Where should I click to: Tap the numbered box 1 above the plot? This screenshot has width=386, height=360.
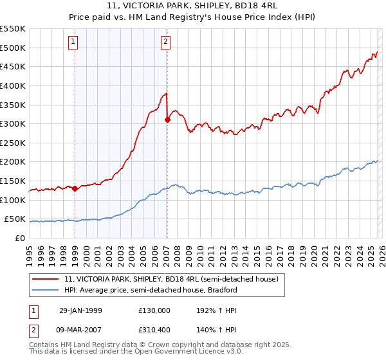point(74,42)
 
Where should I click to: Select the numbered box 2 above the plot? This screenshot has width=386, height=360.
point(165,42)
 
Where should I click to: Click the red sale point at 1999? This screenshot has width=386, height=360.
point(75,188)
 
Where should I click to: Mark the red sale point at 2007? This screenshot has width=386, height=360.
point(167,120)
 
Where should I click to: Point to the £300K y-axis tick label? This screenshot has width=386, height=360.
point(13,123)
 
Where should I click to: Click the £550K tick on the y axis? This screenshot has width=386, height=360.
point(13,29)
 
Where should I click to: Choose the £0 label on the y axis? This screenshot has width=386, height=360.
point(19,238)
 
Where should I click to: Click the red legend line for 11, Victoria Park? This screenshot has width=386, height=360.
point(46,279)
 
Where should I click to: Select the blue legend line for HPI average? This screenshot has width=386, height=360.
point(46,290)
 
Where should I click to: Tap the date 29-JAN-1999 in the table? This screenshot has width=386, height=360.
point(80,310)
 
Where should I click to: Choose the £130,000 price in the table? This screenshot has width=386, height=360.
point(155,310)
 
